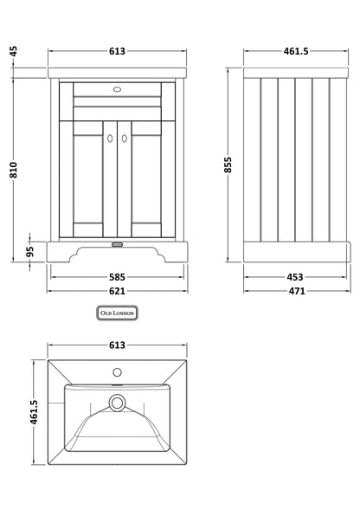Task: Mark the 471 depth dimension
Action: coord(295,291)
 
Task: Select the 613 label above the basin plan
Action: coord(118,345)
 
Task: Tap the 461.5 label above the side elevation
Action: coord(295,51)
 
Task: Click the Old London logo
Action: coord(118,313)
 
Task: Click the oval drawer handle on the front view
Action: coord(118,87)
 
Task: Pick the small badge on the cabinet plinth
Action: coord(118,245)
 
